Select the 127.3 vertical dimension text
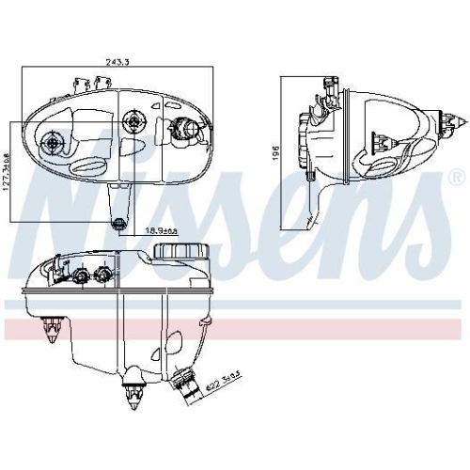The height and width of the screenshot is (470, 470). click(8, 171)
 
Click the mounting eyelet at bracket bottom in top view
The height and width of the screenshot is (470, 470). click(117, 223)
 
